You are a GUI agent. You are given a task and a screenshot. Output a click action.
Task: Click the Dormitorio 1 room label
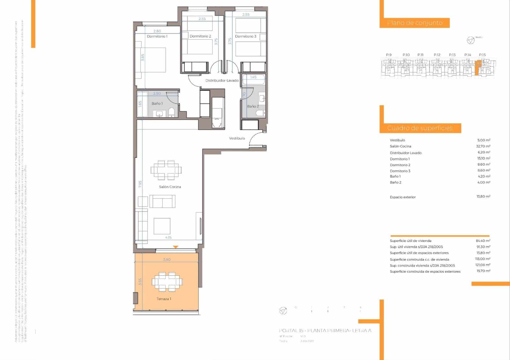[x=157, y=36]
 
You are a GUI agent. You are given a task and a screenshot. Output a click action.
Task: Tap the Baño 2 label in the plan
[x=253, y=106]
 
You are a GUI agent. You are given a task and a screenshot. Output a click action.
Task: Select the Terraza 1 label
[x=164, y=299]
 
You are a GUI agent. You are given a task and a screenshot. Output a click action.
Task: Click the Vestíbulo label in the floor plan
[x=237, y=138]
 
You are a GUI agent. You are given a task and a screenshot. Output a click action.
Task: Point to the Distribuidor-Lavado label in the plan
[x=222, y=81]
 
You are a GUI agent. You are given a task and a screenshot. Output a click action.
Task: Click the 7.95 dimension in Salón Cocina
[x=140, y=184]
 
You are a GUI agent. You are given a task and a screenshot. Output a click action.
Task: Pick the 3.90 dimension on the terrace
[x=167, y=260]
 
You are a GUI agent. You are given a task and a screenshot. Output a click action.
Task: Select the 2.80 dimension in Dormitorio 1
[x=157, y=31]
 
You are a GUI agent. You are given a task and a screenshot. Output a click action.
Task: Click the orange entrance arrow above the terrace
[x=175, y=247]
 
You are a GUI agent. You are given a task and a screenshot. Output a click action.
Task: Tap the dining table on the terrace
[x=167, y=282]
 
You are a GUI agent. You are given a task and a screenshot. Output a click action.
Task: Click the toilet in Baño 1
[x=171, y=112]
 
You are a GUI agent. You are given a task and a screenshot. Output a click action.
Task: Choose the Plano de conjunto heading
[x=415, y=23]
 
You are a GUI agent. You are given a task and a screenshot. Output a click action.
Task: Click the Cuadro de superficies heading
[x=420, y=128]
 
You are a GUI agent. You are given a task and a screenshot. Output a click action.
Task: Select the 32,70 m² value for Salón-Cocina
[x=483, y=146]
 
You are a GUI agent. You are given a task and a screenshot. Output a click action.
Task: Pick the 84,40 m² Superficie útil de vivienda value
[x=483, y=241]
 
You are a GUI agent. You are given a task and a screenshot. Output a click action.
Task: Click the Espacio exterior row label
[x=403, y=197]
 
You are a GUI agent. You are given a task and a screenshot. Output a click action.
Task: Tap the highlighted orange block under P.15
[x=477, y=68]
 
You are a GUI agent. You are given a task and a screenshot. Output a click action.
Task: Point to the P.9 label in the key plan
[x=389, y=55]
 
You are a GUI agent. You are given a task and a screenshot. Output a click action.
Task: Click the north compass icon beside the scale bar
[x=283, y=311]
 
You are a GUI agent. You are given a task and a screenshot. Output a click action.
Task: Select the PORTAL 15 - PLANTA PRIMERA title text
[x=325, y=331]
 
